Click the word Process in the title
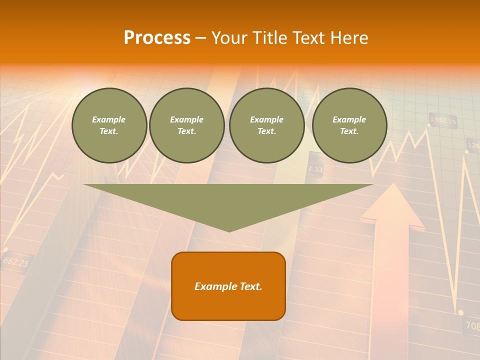[x=157, y=38]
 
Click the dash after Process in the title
[x=200, y=38]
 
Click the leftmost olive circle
[x=109, y=125]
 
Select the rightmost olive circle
[x=349, y=125]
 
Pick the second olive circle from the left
[x=187, y=125]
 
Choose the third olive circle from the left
[x=267, y=125]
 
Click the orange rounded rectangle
[x=228, y=286]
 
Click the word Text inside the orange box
[x=249, y=286]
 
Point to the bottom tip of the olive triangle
[x=229, y=230]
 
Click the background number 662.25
[x=15, y=261]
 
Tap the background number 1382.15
[x=443, y=120]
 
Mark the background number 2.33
[x=315, y=169]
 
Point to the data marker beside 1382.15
[x=428, y=125]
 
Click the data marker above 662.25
[x=5, y=249]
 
